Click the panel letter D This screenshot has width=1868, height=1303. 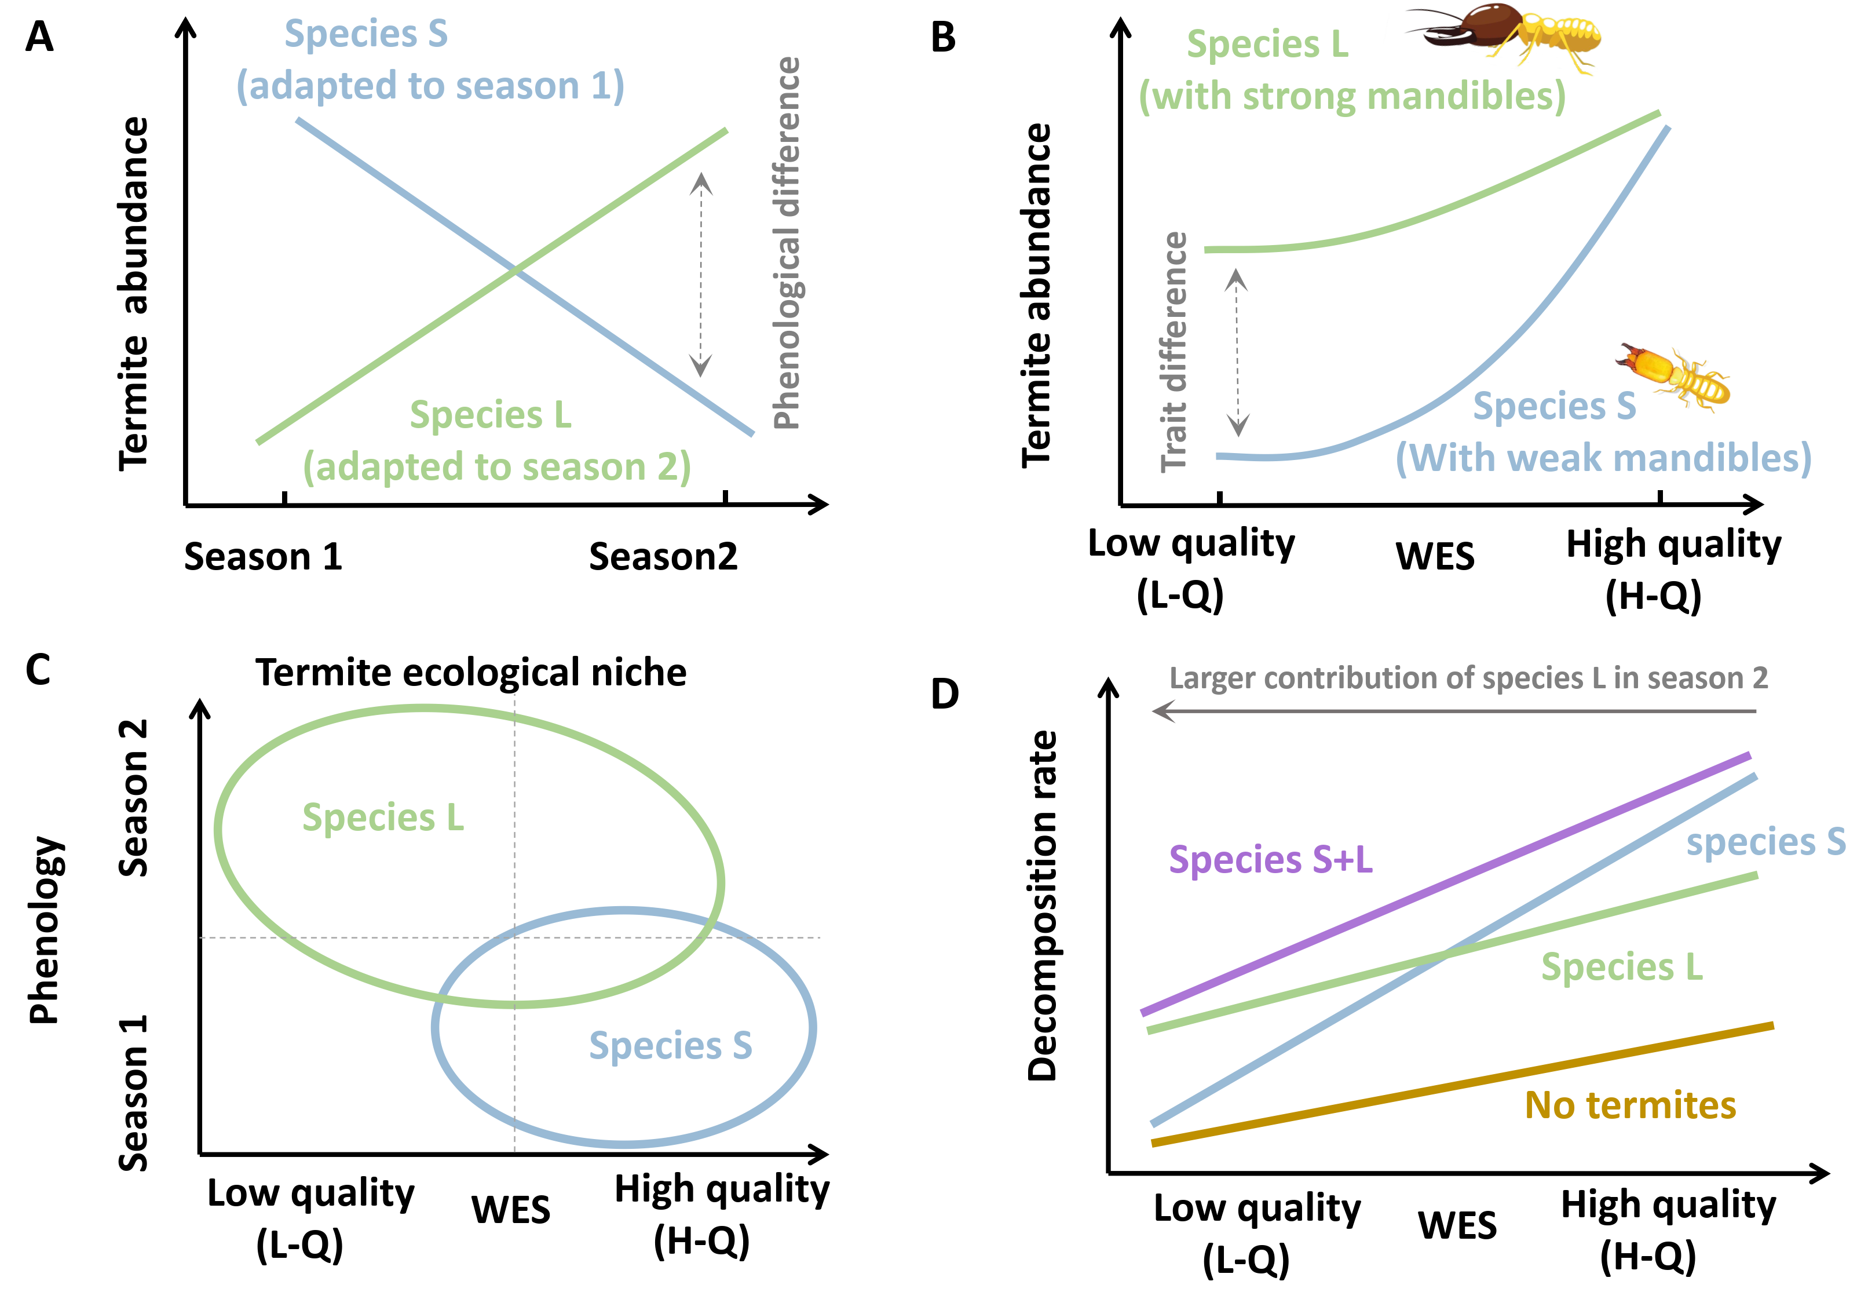[x=945, y=694]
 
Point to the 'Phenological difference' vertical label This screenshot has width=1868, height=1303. [x=787, y=243]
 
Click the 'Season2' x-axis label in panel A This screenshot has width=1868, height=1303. [x=663, y=557]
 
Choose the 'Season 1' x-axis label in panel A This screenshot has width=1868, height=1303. [x=263, y=557]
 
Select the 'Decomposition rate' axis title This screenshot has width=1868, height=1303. [x=1042, y=905]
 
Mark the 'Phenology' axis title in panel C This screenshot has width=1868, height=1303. [x=45, y=929]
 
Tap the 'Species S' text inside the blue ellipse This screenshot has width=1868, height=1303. [x=670, y=1046]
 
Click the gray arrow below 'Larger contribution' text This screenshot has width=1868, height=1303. [x=1454, y=711]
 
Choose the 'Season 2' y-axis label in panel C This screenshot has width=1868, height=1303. [x=133, y=798]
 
